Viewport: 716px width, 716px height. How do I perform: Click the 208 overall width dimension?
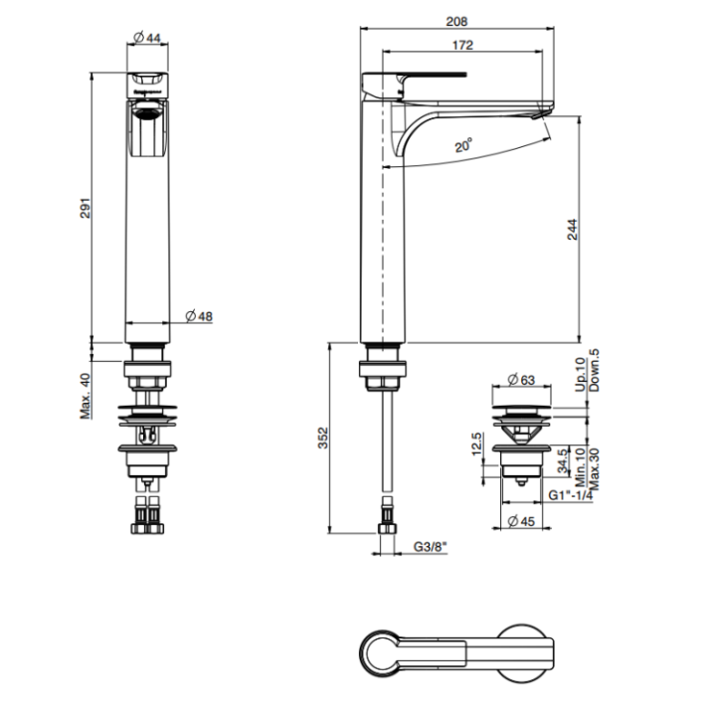[456, 21]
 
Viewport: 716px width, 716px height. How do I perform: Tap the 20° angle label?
[463, 145]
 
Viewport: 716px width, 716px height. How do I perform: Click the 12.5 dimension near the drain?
[478, 441]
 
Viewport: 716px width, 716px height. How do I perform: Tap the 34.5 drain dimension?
[563, 462]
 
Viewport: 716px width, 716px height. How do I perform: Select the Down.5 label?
[594, 369]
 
